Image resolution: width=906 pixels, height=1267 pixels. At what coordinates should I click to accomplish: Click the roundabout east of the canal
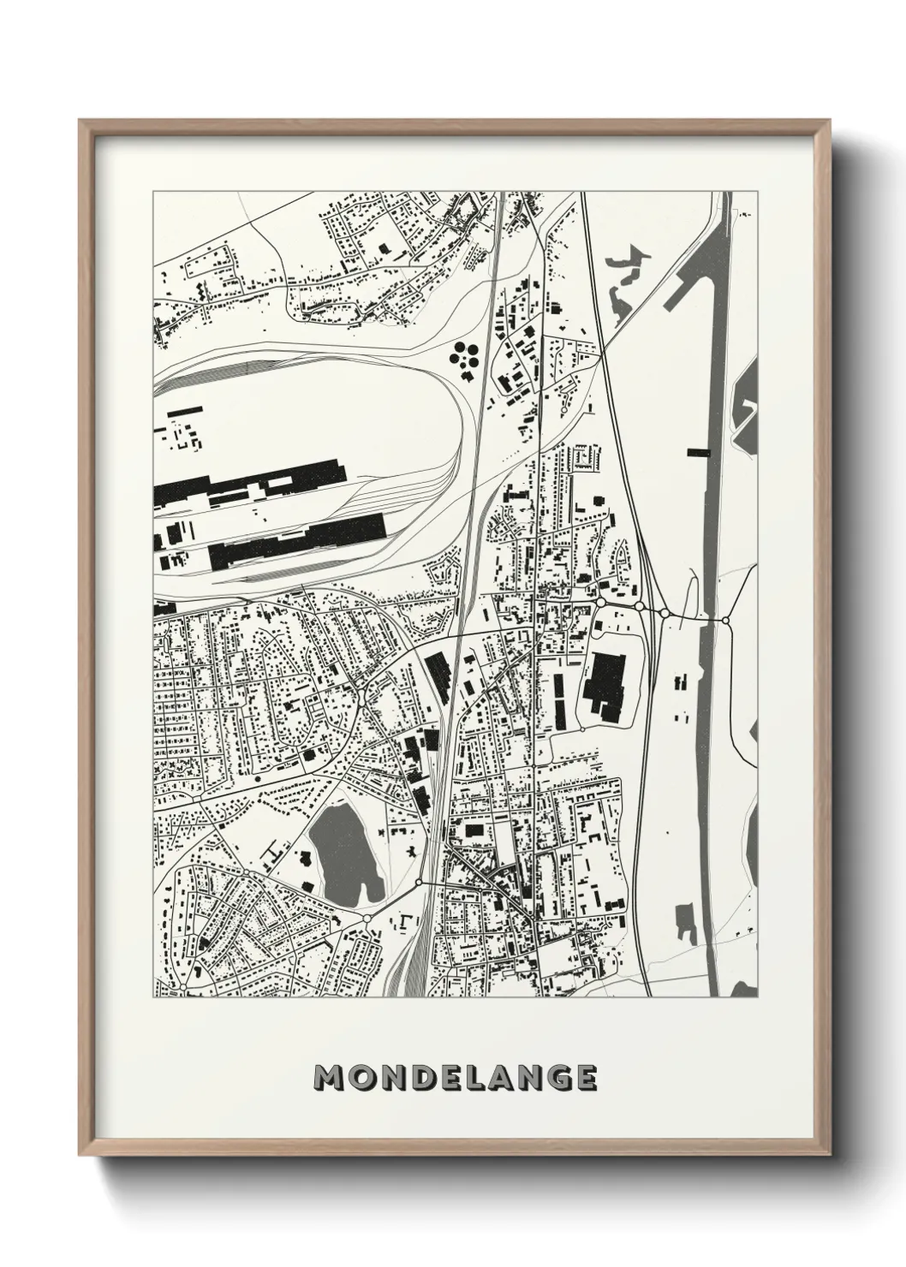(725, 619)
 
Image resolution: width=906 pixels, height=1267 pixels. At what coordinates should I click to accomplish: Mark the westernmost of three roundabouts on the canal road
(600, 604)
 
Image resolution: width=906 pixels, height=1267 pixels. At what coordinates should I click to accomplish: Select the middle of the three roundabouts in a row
(639, 606)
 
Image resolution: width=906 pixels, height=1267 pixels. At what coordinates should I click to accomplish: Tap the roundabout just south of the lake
(367, 918)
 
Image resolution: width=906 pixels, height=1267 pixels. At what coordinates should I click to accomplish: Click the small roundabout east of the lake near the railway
(419, 881)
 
